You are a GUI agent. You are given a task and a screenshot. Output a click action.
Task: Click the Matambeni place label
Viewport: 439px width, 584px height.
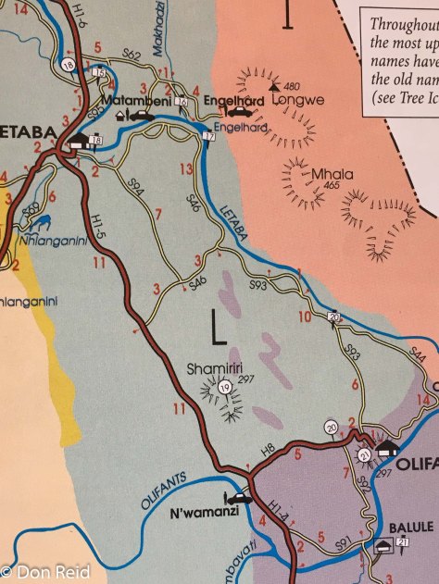click(x=139, y=98)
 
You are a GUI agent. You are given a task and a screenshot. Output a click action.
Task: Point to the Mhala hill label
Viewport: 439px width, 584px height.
click(x=326, y=173)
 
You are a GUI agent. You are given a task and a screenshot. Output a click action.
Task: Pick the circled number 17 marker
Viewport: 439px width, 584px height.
click(x=208, y=136)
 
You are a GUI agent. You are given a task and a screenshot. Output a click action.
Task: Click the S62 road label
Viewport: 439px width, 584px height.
click(x=131, y=58)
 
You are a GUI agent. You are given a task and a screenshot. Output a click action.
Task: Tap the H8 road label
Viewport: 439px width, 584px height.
click(x=270, y=449)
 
